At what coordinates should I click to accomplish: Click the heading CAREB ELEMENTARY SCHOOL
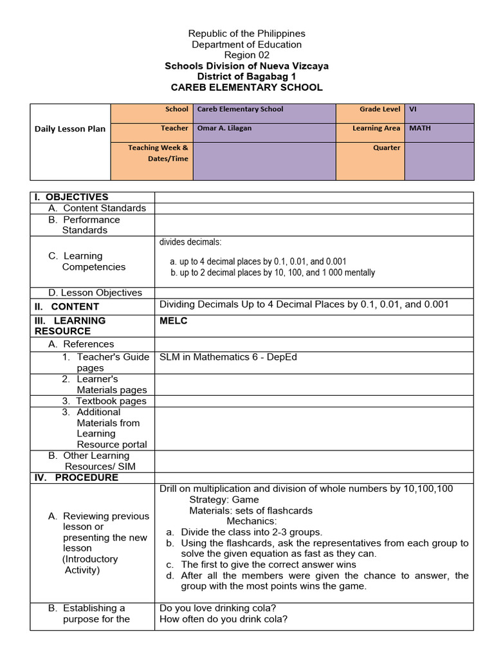[246, 88]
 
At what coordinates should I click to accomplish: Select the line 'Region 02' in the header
[246, 55]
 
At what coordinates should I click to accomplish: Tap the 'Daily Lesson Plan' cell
[69, 129]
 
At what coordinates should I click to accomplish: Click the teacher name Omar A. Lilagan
[224, 128]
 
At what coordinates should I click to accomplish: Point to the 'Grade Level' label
[380, 109]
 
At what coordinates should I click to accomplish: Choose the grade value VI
[413, 109]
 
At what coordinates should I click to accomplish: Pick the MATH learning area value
[420, 128]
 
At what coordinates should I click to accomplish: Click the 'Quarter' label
[386, 147]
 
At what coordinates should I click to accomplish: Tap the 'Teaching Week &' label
[158, 147]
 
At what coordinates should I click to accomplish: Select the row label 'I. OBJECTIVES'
[72, 197]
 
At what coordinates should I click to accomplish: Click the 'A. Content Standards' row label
[97, 208]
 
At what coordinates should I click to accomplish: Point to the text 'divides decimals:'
[190, 242]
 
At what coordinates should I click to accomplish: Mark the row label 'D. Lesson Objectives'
[95, 292]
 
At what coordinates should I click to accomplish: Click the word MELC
[174, 320]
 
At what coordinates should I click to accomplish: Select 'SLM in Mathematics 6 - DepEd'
[228, 357]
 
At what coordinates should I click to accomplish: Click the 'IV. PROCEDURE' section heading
[77, 478]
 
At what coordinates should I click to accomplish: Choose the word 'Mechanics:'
[252, 521]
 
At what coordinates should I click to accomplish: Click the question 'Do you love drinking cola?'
[214, 608]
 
